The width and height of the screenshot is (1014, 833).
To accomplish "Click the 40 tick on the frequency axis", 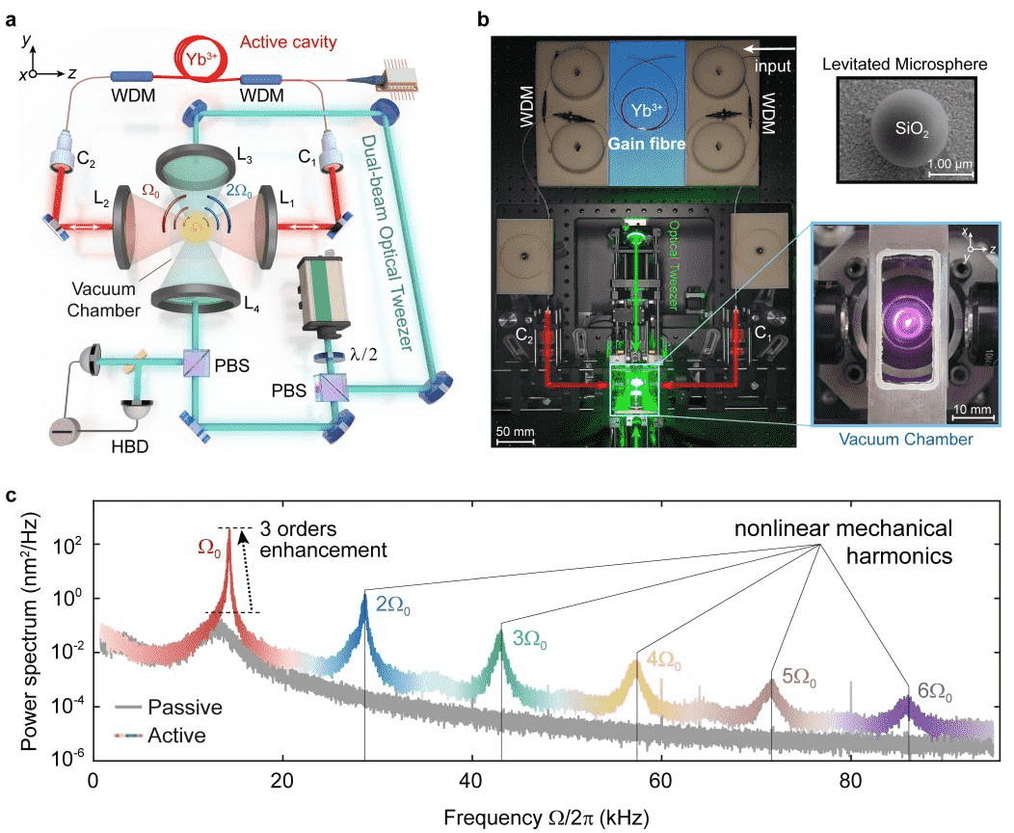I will pyautogui.click(x=471, y=779).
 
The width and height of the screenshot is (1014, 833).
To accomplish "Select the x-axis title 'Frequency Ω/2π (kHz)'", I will pyautogui.click(x=546, y=816).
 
